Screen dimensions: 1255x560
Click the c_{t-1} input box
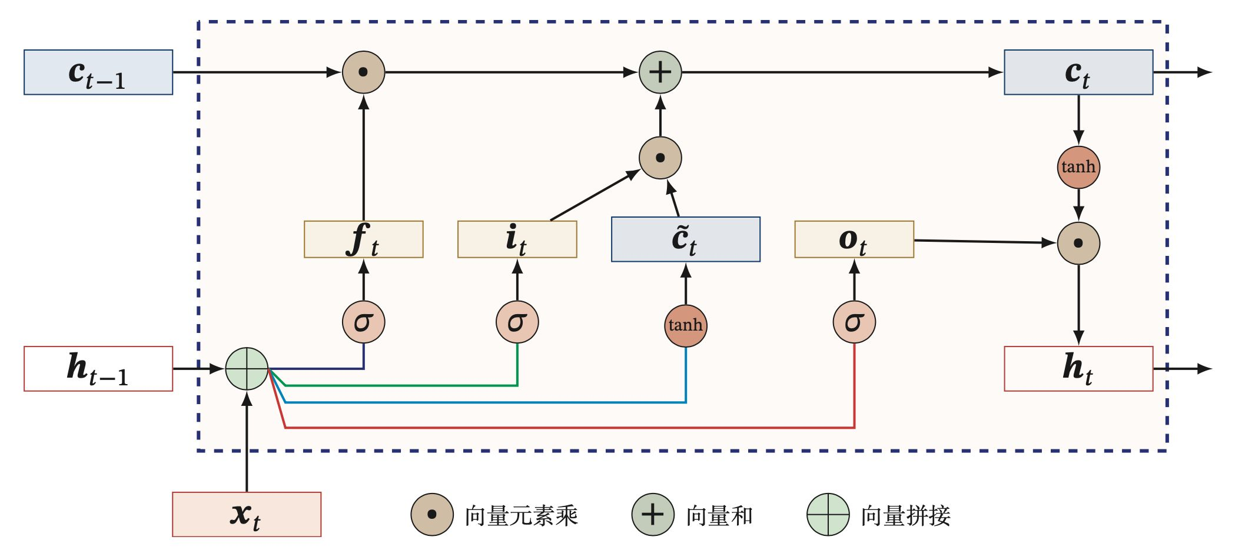coord(98,72)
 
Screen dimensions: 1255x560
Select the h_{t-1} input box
coord(98,369)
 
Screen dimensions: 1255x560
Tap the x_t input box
coord(247,515)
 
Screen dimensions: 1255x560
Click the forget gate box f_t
coord(364,239)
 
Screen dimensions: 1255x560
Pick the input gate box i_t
coord(517,239)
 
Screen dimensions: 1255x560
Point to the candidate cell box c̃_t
coord(686,239)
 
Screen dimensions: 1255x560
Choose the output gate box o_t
coord(854,239)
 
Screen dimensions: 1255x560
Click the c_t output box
coord(1078,72)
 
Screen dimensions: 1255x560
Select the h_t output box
coord(1078,369)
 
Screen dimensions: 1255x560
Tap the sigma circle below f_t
coord(364,322)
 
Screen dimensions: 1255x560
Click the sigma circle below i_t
coord(517,322)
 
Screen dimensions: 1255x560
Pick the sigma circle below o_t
coord(854,322)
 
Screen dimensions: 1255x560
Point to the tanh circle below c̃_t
coord(686,326)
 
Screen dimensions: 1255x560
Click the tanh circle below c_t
coord(1078,168)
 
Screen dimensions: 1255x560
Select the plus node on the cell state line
coord(660,72)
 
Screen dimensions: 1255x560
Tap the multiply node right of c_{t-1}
coord(364,72)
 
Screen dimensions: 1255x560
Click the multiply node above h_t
coord(1078,244)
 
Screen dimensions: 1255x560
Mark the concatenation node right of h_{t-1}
coord(247,369)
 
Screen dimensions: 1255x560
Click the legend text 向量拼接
coord(905,516)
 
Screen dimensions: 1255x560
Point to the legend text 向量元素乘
coord(522,516)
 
